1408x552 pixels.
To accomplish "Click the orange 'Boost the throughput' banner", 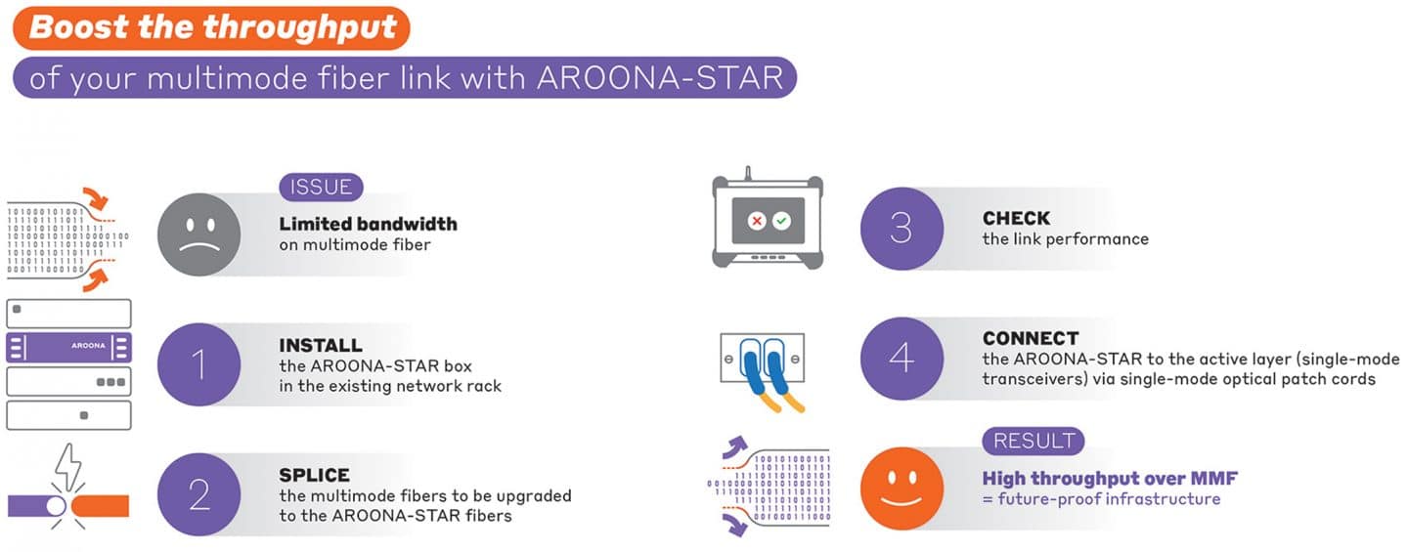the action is coord(211,28).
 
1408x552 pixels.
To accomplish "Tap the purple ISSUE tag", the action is coord(321,188).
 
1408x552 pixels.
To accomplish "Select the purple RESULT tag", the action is coord(1034,441).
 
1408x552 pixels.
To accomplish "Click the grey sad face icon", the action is coord(198,234).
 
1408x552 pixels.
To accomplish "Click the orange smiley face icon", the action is coord(902,488).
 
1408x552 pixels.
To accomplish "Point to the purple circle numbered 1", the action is coord(198,364).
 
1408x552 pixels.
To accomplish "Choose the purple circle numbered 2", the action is coord(198,494).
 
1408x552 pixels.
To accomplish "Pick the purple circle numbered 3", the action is coord(902,229).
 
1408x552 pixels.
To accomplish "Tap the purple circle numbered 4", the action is coord(902,359).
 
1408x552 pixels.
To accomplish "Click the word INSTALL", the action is coord(321,346).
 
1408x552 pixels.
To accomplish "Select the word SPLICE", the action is coord(314,476).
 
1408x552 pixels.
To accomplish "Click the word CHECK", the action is coord(1016,219).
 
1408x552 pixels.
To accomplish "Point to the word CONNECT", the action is coord(1031,338).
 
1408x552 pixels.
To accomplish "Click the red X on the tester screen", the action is coord(757,221).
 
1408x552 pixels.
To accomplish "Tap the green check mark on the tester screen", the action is coord(781,221).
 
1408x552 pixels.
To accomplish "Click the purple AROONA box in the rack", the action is coord(68,347).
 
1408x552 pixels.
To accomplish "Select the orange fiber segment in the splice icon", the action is coord(101,505).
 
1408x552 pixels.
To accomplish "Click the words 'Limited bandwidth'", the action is coord(369,224).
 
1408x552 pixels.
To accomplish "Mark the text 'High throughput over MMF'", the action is coord(1110,479).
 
